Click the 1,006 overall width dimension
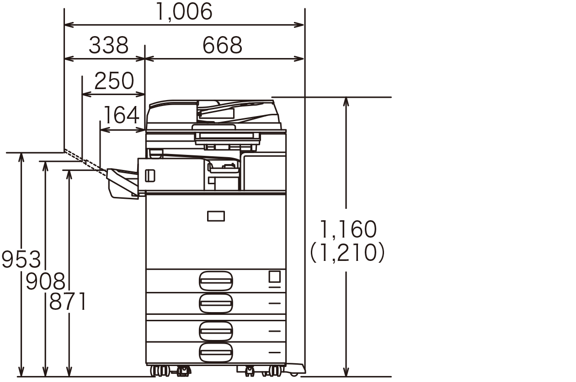pyautogui.click(x=184, y=12)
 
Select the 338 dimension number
pyautogui.click(x=108, y=45)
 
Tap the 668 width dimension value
pyautogui.click(x=222, y=45)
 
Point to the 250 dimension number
pyautogui.click(x=114, y=81)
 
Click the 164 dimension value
pyautogui.click(x=122, y=115)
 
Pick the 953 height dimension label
pyautogui.click(x=21, y=259)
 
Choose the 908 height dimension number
pyautogui.click(x=46, y=281)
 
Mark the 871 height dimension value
pyautogui.click(x=67, y=302)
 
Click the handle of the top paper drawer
pyautogui.click(x=216, y=281)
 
